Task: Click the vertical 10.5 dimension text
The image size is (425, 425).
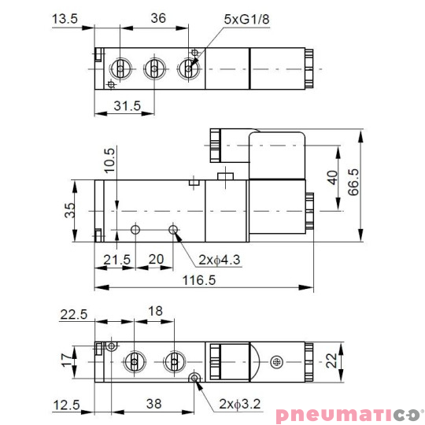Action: pyautogui.click(x=109, y=161)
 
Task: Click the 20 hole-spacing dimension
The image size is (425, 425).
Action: pyautogui.click(x=157, y=259)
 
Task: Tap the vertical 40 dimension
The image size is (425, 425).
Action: pyautogui.click(x=332, y=178)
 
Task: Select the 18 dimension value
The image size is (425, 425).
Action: pyautogui.click(x=155, y=312)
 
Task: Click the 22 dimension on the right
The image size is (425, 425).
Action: pyautogui.click(x=334, y=361)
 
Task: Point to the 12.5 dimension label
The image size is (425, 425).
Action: pyautogui.click(x=67, y=405)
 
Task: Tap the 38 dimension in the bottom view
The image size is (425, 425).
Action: pyautogui.click(x=154, y=405)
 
